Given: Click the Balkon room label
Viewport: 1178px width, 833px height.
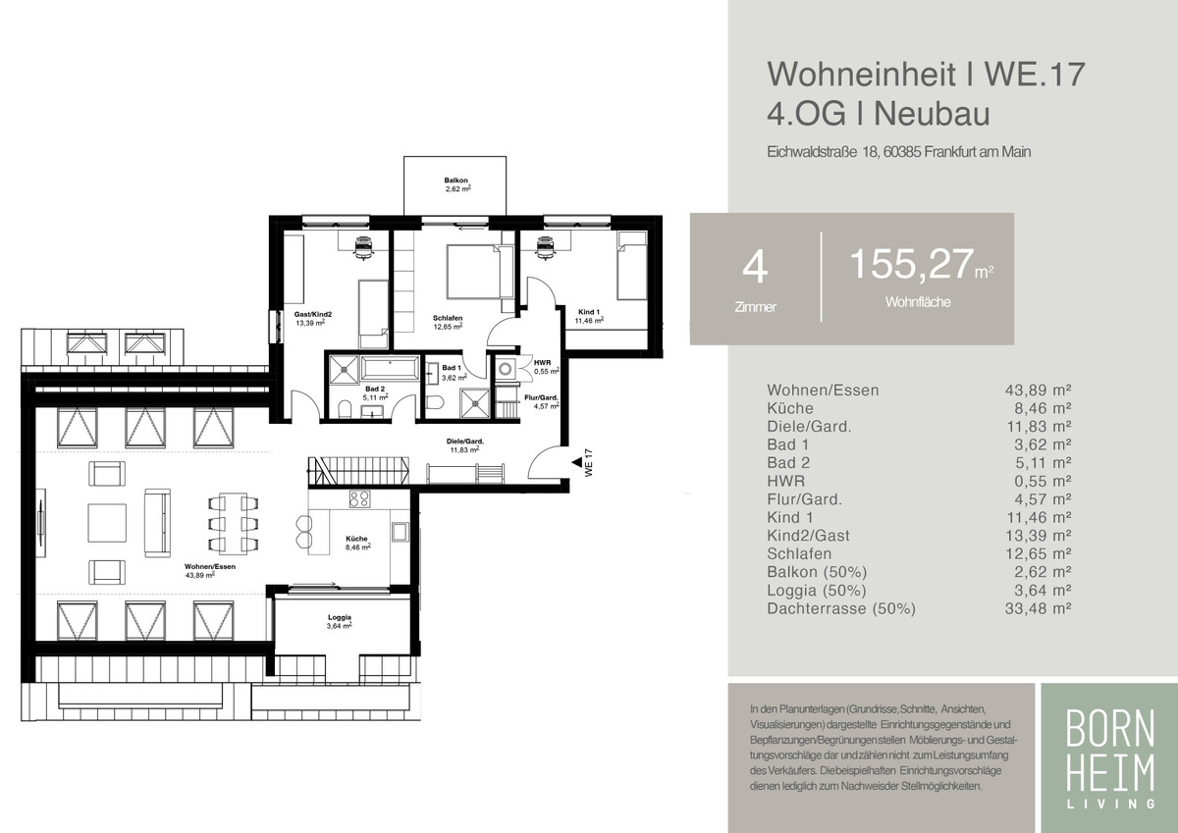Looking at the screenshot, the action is pyautogui.click(x=455, y=181).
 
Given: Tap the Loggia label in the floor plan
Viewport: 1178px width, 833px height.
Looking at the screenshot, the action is pyautogui.click(x=340, y=617).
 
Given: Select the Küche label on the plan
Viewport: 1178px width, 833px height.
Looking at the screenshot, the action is pyautogui.click(x=356, y=539).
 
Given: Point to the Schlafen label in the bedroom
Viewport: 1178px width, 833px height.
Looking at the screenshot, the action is pyautogui.click(x=448, y=318).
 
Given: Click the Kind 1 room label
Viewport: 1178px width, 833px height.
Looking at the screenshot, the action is pyautogui.click(x=588, y=312).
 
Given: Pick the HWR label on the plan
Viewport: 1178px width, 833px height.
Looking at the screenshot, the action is pyautogui.click(x=542, y=363).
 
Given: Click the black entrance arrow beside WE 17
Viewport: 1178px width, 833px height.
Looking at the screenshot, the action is pyautogui.click(x=577, y=462).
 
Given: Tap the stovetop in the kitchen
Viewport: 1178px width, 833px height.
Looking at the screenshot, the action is pyautogui.click(x=359, y=498).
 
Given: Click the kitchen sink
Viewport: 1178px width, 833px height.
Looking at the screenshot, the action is pyautogui.click(x=400, y=532).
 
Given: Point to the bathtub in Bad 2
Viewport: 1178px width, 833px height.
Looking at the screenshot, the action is pyautogui.click(x=390, y=367).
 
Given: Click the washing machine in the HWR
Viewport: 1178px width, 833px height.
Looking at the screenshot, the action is pyautogui.click(x=506, y=369).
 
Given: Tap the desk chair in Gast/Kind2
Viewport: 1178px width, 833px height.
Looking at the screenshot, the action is pyautogui.click(x=363, y=247).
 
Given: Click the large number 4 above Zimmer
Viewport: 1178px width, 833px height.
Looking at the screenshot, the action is pyautogui.click(x=755, y=268).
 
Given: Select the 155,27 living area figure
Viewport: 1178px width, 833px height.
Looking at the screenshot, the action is pyautogui.click(x=912, y=264).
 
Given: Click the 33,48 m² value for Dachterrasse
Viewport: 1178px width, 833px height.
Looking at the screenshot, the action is pyautogui.click(x=1038, y=608).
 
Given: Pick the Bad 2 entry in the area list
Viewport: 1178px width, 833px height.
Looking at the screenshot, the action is pyautogui.click(x=788, y=463).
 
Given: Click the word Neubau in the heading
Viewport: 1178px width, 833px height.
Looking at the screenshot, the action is pyautogui.click(x=932, y=114).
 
